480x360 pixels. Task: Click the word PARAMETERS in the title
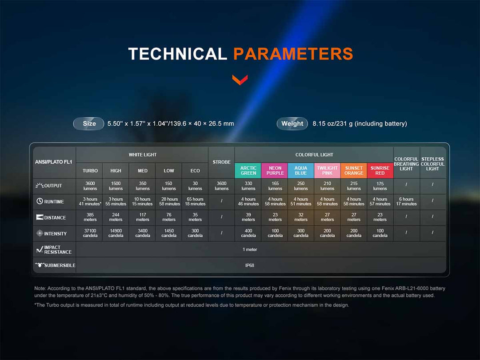coord(293,54)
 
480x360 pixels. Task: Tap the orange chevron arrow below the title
coord(240,80)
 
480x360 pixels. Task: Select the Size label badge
coord(89,124)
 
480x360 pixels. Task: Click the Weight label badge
coord(292,124)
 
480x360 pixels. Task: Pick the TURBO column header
coord(90,171)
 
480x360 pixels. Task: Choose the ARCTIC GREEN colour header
coord(248,171)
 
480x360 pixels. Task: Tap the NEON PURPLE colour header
coord(275,171)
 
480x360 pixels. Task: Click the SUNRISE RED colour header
coord(380,171)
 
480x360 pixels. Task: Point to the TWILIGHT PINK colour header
coord(327,171)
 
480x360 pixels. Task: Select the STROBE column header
coord(222,162)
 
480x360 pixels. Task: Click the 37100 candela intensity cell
coord(90,233)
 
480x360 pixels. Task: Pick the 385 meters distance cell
coord(90,217)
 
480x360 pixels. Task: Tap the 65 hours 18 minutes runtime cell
coord(195,201)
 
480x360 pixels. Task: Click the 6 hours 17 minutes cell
coord(406,201)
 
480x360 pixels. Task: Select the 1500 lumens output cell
coord(116,186)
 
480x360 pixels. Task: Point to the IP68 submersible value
coord(249,265)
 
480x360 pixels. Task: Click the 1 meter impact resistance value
coord(250,249)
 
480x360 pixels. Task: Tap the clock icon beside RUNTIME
coord(40,201)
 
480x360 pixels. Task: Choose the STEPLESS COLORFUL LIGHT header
coord(432,164)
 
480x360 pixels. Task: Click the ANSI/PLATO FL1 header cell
coord(54,162)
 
